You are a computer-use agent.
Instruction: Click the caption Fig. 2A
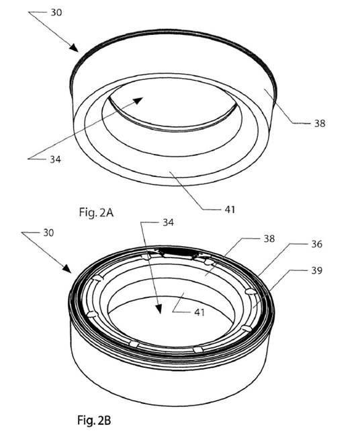[x=96, y=212]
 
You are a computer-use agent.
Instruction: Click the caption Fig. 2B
[x=94, y=420]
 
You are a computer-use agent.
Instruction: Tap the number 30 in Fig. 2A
[x=56, y=12]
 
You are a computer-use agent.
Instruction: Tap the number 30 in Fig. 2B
[x=48, y=233]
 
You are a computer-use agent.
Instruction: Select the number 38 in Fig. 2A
[x=320, y=124]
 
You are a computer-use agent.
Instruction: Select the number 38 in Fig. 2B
[x=269, y=239]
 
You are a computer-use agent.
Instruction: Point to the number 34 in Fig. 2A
[x=55, y=159]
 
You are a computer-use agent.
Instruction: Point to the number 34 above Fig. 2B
[x=168, y=222]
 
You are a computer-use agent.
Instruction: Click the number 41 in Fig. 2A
[x=230, y=210]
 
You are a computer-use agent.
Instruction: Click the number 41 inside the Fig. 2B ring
[x=199, y=313]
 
